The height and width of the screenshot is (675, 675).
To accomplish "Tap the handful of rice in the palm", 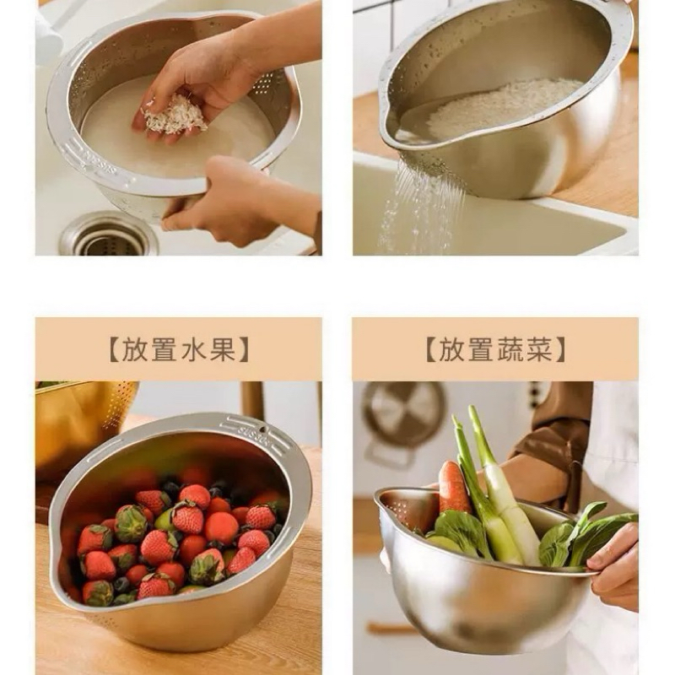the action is pos(175,113).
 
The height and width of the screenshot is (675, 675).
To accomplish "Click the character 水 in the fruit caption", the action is pos(192,349).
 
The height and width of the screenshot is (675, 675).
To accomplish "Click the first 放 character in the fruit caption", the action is pos(134,349).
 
